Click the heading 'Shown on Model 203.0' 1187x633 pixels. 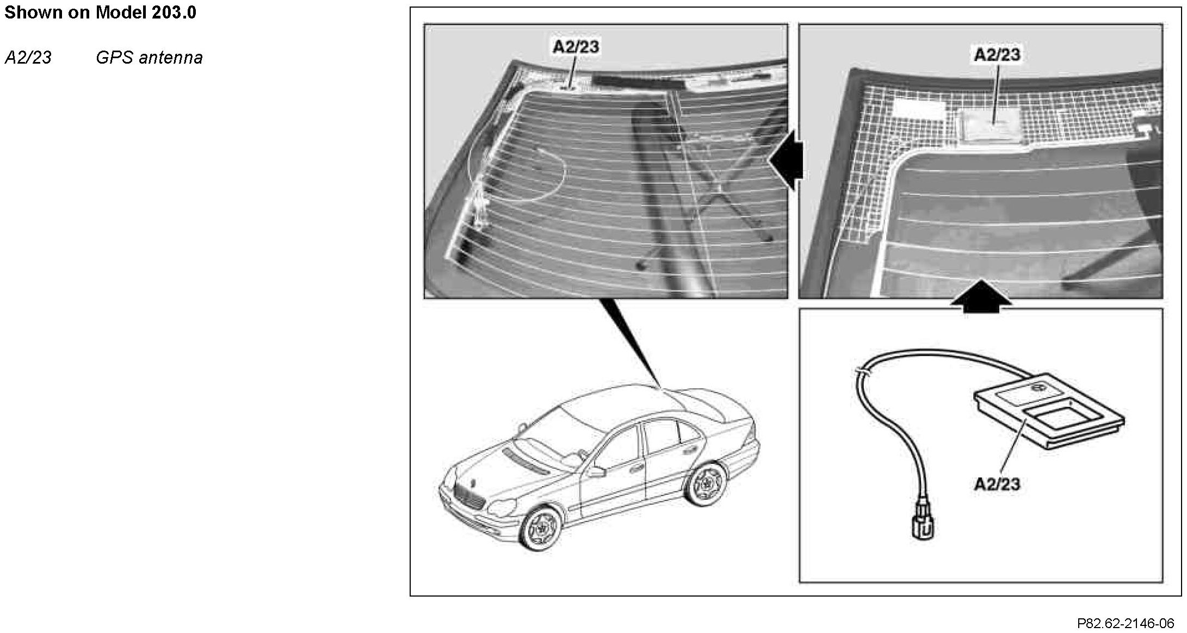100,13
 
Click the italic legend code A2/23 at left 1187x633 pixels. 28,58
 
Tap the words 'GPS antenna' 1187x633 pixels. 149,58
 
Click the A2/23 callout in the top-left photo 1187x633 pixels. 576,47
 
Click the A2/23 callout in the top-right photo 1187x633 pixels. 997,54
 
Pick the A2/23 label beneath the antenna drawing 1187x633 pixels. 997,484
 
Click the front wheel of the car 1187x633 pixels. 540,528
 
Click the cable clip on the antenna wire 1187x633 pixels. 863,372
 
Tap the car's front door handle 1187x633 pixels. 634,468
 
